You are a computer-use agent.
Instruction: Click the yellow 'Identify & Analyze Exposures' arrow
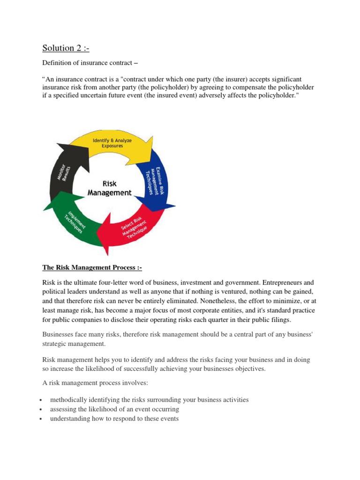[114, 142]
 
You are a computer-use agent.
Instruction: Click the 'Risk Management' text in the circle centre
[110, 188]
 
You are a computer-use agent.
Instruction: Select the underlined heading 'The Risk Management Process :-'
[92, 268]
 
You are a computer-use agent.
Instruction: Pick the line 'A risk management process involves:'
[95, 383]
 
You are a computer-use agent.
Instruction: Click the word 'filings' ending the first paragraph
[280, 320]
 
